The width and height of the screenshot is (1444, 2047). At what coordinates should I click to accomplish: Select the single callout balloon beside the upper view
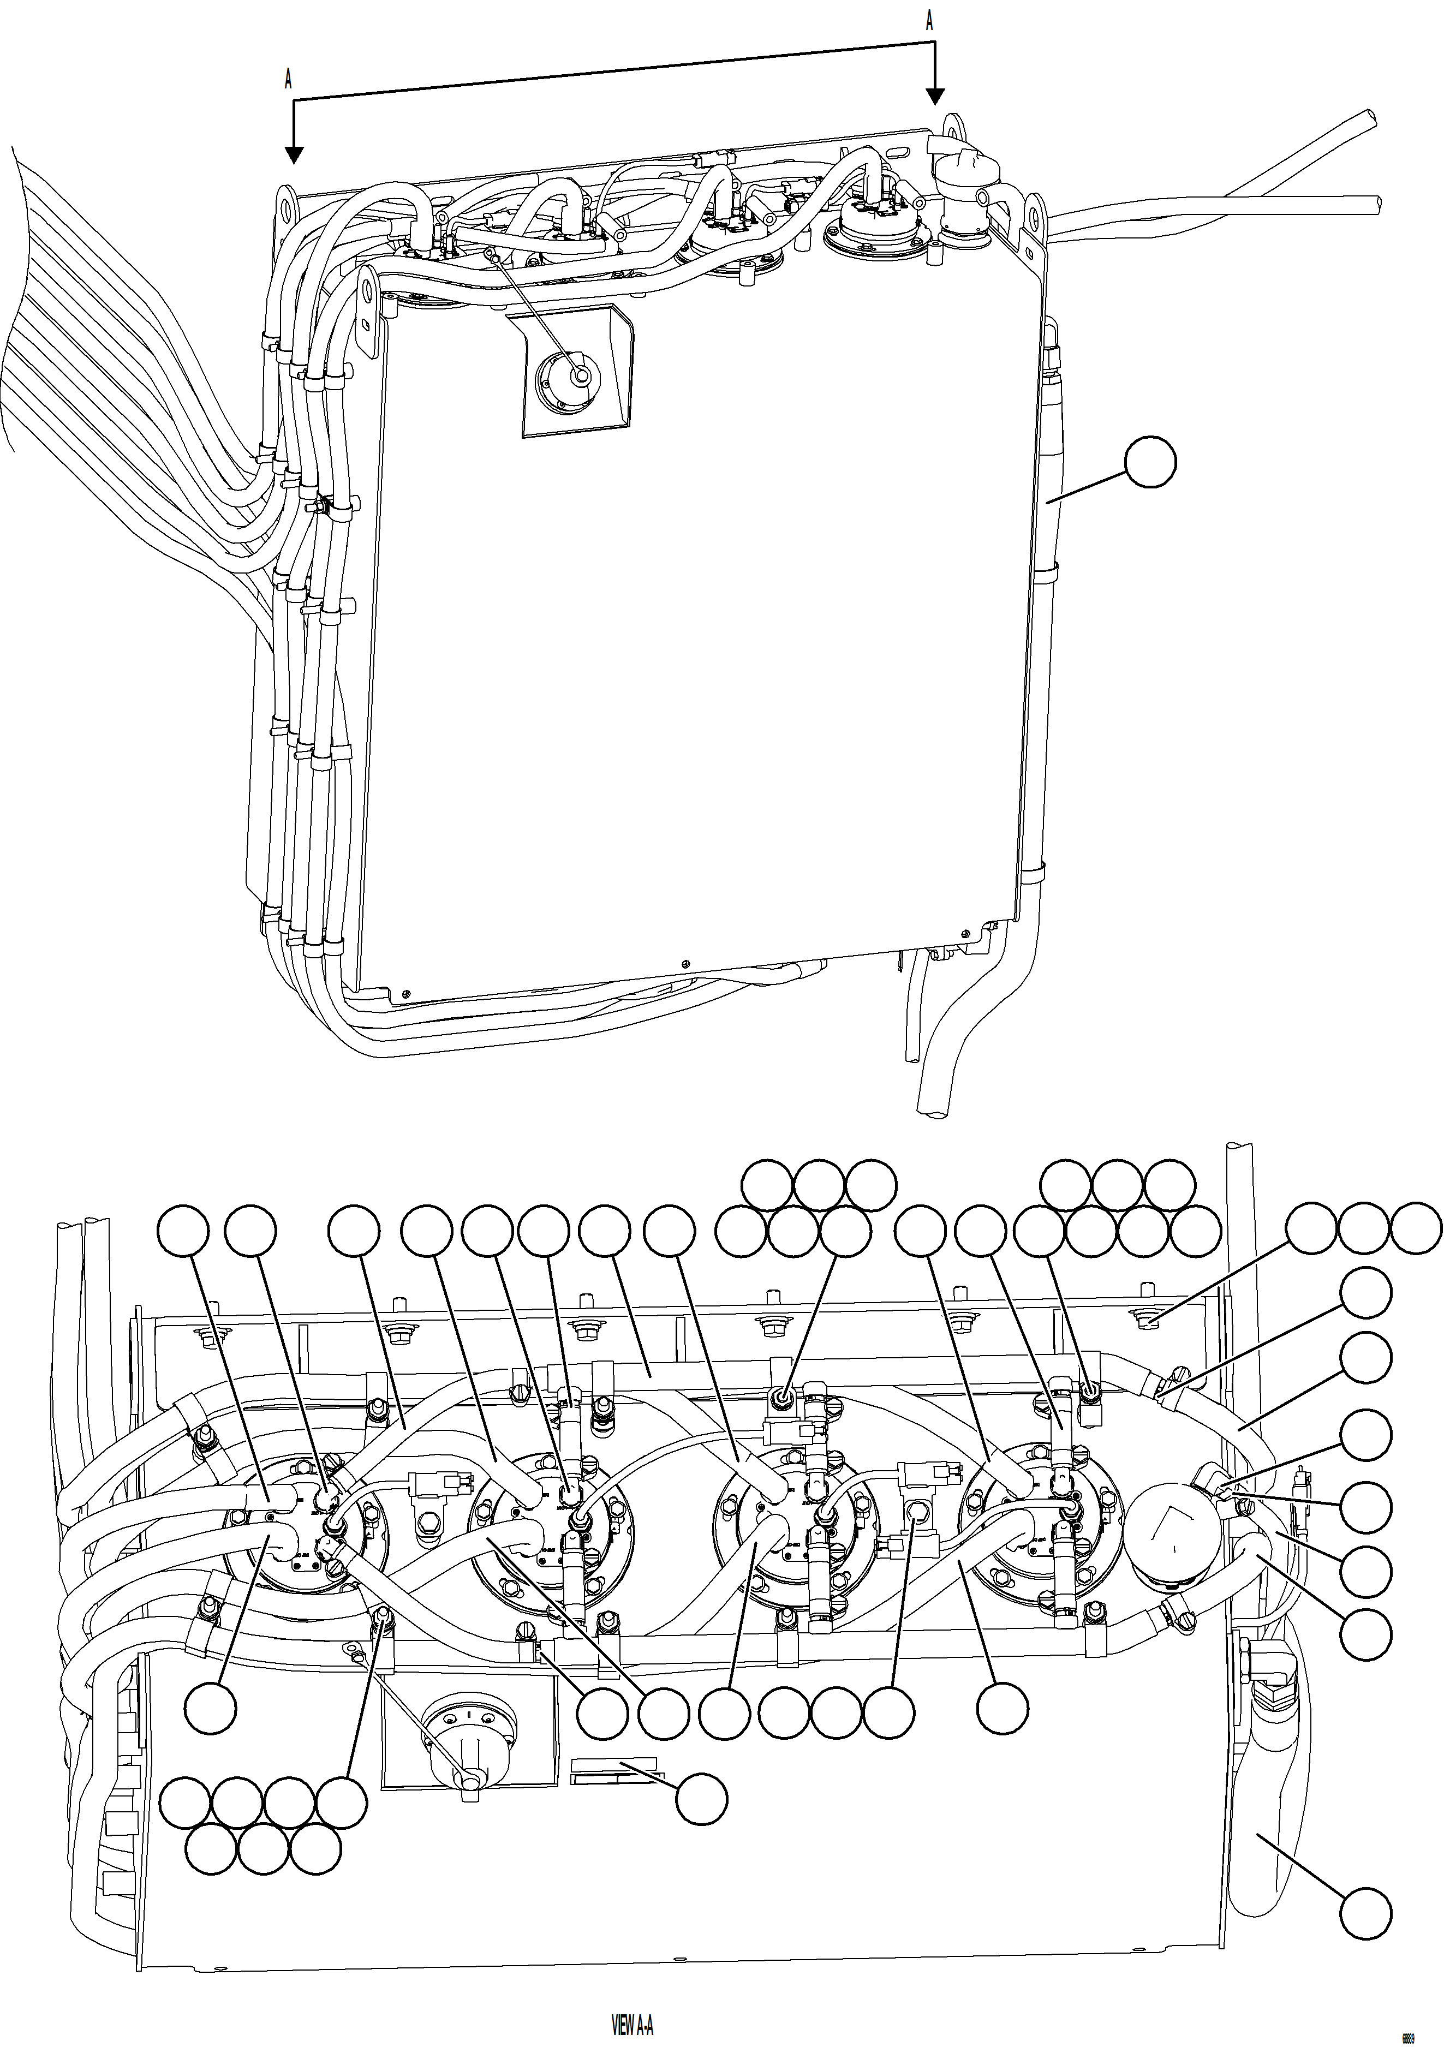1150,462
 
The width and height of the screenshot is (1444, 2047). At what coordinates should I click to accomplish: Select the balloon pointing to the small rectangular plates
701,1798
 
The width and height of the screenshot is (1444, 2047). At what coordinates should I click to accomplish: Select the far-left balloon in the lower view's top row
183,1232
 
